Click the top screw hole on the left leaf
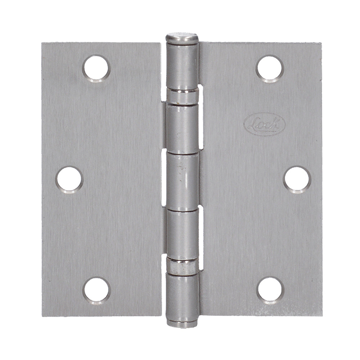coord(96,68)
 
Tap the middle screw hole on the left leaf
coord(69,179)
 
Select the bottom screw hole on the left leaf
coord(96,290)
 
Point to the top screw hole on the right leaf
coord(270,68)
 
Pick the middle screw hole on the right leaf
coord(297,179)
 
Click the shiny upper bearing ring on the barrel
coord(182,96)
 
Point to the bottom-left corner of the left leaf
coord(42,315)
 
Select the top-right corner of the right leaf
coord(321,43)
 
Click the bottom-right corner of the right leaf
coord(321,315)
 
